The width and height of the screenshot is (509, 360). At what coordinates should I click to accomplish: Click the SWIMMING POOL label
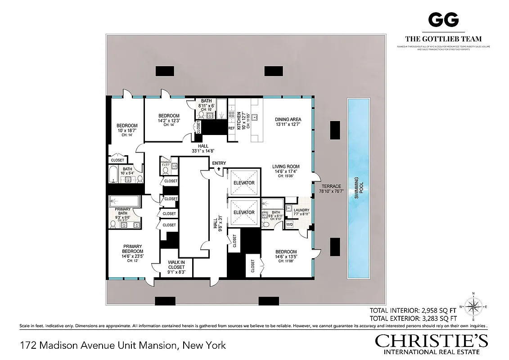click(x=358, y=189)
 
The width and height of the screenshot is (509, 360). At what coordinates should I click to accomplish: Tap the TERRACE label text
click(x=331, y=186)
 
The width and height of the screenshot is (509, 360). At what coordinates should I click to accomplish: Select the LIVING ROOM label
click(x=286, y=166)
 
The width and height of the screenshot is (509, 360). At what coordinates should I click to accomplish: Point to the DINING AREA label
click(x=288, y=120)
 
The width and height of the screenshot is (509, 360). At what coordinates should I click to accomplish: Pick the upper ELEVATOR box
click(x=244, y=183)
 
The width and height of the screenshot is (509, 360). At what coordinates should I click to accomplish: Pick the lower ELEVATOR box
click(x=244, y=212)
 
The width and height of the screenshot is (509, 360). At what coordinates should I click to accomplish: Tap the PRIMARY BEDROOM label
click(x=133, y=249)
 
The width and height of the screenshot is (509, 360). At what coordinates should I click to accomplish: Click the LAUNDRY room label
click(x=301, y=210)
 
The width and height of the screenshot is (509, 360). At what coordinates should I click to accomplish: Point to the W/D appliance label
click(x=290, y=224)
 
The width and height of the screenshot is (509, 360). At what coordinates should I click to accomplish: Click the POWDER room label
click(x=166, y=162)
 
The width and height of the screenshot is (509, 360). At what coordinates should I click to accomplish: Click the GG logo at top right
click(x=443, y=19)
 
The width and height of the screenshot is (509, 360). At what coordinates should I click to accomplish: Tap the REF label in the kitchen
click(x=231, y=128)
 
